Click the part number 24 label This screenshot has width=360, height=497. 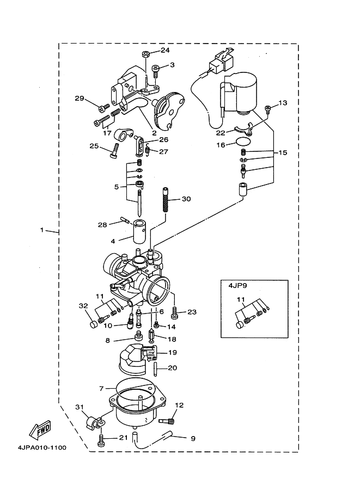pos(166,50)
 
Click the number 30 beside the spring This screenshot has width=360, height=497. pos(186,199)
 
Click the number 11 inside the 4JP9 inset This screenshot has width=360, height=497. pos(240,299)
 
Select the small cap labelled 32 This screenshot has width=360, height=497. pos(93,325)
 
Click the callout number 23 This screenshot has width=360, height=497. pos(191,312)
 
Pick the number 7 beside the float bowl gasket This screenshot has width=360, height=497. pos(101,389)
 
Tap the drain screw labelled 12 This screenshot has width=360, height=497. pos(167,420)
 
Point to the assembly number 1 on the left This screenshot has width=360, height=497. pos(42,230)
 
